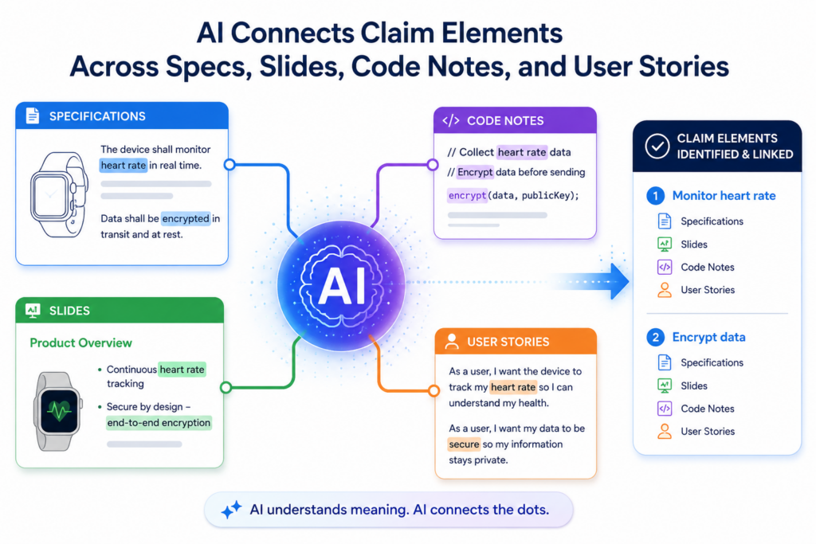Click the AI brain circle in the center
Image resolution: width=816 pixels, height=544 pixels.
click(341, 285)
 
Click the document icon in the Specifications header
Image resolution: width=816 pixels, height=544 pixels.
click(32, 115)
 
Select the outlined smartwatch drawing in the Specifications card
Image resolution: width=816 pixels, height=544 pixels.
click(58, 194)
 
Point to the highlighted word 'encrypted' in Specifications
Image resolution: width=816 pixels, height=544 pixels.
click(185, 218)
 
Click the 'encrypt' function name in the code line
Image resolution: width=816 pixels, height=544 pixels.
click(467, 196)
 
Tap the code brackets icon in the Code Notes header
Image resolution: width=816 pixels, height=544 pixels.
click(451, 120)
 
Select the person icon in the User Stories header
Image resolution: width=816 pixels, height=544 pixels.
click(452, 341)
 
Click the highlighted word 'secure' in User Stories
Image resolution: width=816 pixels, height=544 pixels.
click(464, 444)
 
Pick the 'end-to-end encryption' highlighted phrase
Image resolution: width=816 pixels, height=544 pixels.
click(159, 423)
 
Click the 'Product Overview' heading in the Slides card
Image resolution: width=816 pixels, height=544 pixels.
click(80, 342)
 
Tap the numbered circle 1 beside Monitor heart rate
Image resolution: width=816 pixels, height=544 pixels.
click(655, 196)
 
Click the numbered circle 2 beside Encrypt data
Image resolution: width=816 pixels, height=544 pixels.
click(655, 337)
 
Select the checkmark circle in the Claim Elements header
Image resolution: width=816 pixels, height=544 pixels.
click(657, 146)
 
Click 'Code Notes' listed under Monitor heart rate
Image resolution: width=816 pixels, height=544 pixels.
click(708, 267)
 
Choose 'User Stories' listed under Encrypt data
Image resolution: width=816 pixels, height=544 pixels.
click(708, 431)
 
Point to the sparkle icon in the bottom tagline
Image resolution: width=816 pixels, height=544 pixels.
click(231, 509)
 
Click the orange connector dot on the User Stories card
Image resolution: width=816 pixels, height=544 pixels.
click(433, 390)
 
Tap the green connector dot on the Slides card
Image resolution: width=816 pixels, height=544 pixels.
click(226, 387)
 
